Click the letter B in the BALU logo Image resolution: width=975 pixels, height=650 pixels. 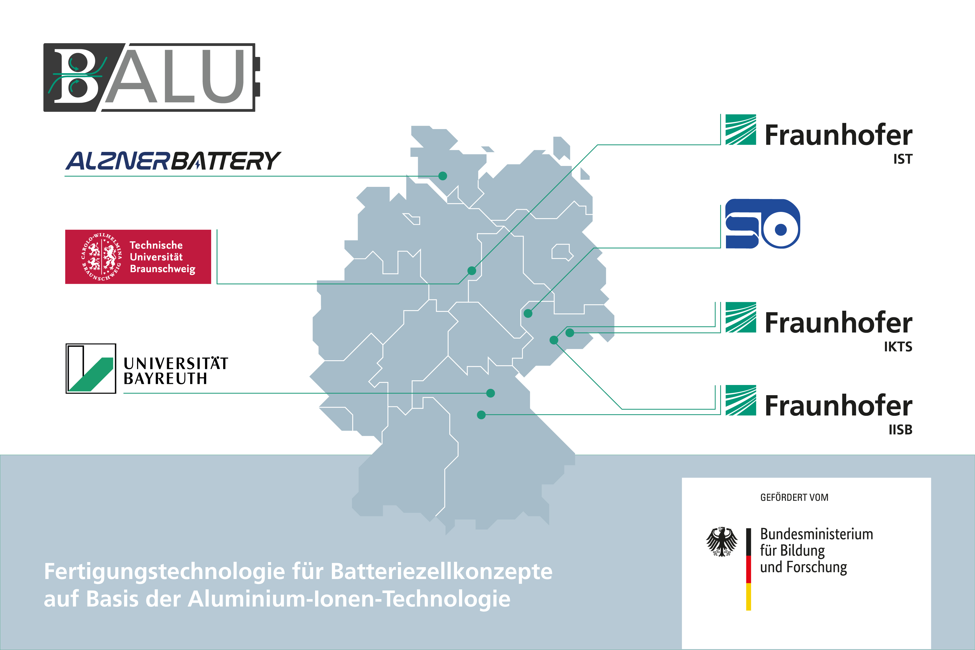[77, 77]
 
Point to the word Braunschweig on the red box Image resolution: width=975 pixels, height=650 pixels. [162, 269]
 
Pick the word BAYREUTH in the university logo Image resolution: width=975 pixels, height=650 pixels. [165, 378]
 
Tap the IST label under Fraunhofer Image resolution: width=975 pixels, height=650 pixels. [902, 159]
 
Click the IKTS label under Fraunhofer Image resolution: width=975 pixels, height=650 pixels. [898, 346]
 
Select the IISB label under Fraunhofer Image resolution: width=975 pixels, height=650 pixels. [900, 430]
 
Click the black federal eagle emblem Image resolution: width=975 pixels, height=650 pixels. [722, 541]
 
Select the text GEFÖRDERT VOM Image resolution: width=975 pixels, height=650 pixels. [794, 498]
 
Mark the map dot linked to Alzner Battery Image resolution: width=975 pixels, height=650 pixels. [443, 176]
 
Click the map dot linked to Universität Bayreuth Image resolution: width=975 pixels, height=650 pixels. [490, 393]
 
